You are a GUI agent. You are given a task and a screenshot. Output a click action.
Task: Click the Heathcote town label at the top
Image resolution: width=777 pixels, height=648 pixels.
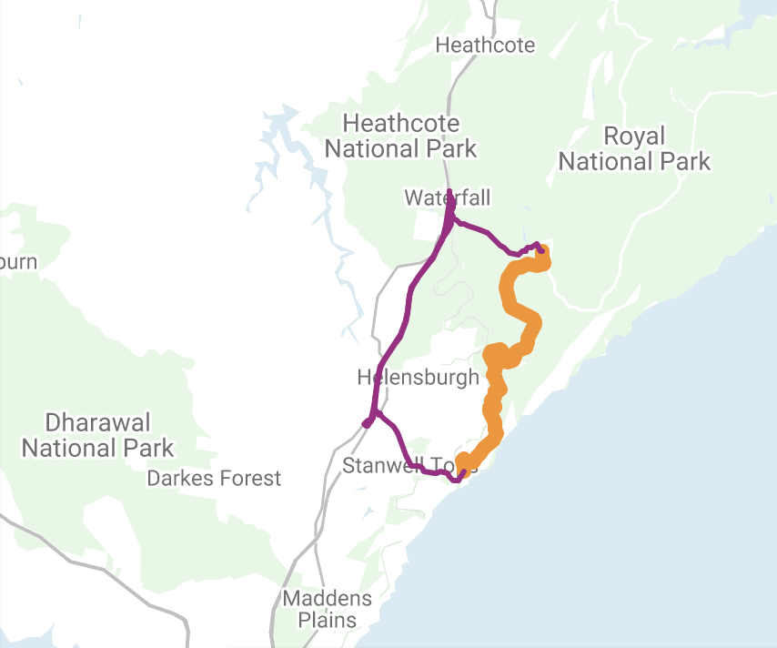[485, 45]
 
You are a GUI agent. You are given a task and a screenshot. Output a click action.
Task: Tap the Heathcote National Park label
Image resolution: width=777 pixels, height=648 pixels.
[400, 136]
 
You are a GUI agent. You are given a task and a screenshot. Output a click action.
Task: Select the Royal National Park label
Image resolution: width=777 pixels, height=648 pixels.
[634, 149]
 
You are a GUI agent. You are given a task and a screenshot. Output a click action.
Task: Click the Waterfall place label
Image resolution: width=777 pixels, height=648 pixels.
[447, 197]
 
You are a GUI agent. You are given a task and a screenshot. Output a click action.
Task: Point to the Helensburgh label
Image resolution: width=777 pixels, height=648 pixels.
[418, 377]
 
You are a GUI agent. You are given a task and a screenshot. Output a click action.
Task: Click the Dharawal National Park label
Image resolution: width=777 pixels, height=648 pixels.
[97, 435]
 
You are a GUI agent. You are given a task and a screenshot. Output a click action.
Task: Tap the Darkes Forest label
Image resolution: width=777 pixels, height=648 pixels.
[214, 478]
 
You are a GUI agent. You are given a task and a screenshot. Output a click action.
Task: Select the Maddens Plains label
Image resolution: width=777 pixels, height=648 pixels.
[328, 610]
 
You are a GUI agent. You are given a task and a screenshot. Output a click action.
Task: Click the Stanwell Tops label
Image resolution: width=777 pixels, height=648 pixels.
[409, 467]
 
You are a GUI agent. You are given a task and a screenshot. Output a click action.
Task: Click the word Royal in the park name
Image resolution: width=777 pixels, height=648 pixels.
[634, 137]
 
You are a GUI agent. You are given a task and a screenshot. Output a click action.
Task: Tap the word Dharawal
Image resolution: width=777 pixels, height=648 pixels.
[97, 422]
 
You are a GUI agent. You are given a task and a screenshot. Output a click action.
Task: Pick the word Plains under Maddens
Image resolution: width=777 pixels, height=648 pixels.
[328, 622]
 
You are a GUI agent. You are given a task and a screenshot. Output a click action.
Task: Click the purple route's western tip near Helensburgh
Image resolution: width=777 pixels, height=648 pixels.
[367, 423]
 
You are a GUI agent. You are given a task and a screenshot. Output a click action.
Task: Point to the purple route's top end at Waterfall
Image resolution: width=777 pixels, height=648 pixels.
[449, 192]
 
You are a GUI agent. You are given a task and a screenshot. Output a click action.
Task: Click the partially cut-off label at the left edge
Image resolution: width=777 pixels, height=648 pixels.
[18, 262]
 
